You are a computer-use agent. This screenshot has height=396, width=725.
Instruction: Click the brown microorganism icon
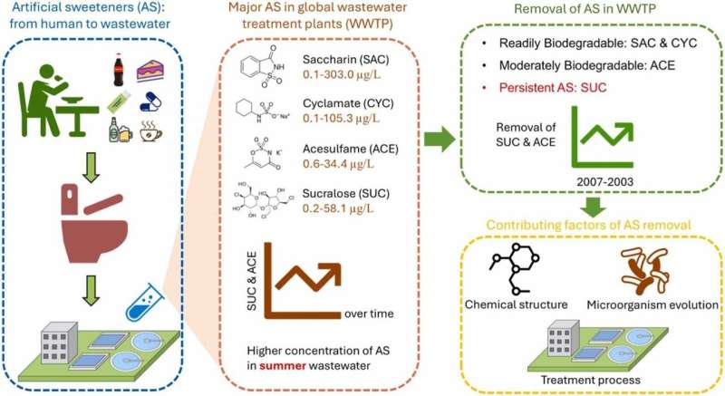click(x=647, y=268)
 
